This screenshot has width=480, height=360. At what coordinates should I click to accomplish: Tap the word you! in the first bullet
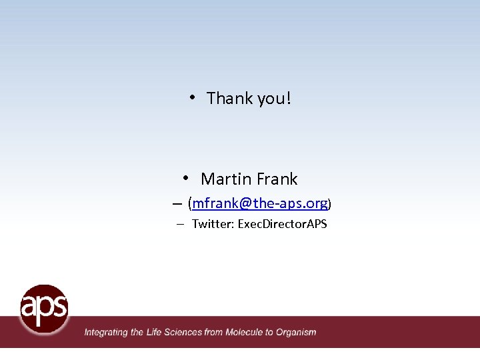[x=274, y=99]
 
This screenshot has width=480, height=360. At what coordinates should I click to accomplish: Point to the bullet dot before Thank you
[x=191, y=97]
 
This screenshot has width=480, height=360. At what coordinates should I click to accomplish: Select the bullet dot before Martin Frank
[x=187, y=178]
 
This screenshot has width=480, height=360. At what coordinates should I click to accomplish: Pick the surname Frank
[x=276, y=179]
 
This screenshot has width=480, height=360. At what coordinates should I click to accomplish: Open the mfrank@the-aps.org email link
[x=260, y=203]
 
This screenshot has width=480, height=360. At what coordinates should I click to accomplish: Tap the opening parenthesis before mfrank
[x=190, y=203]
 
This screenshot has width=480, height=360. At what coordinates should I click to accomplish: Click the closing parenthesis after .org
[x=329, y=203]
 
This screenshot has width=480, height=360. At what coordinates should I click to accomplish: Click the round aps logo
[x=44, y=309]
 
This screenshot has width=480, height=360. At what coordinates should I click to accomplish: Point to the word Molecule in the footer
[x=245, y=331]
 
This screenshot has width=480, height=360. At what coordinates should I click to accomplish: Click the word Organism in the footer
[x=296, y=332]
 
